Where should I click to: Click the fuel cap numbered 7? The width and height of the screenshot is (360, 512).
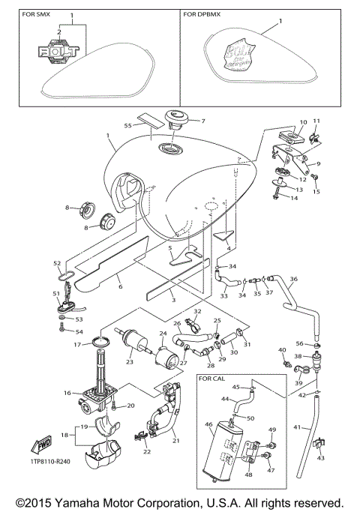coord(175,120)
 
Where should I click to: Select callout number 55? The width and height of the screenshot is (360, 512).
coord(127,125)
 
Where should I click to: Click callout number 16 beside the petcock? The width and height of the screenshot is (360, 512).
coord(67,393)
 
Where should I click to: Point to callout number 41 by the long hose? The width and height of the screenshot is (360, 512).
coord(296,427)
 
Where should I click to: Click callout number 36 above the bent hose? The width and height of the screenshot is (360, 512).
coord(294,280)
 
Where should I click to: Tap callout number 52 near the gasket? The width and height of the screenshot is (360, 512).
coord(56,263)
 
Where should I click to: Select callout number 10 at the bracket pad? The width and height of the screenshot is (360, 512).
coord(304,121)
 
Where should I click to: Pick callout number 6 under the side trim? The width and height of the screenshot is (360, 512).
coord(119,285)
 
